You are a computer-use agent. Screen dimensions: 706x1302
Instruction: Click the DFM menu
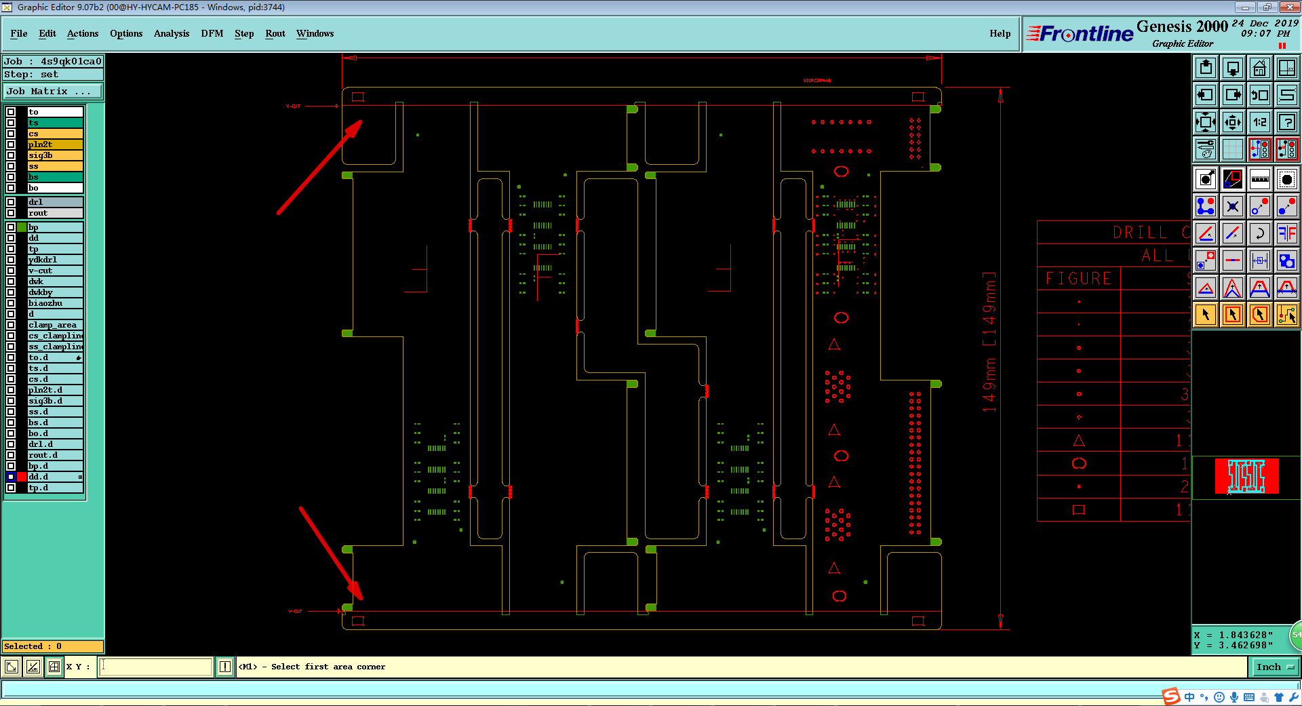pyautogui.click(x=212, y=33)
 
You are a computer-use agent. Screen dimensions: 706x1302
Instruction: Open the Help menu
pyautogui.click(x=1000, y=33)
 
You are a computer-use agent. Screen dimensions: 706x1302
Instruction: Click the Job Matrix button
pyautogui.click(x=53, y=91)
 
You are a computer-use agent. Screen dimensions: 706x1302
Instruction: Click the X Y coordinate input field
pyautogui.click(x=156, y=667)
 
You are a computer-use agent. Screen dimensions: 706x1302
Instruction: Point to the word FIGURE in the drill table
pyautogui.click(x=1078, y=279)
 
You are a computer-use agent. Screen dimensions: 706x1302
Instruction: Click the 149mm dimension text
pyautogui.click(x=990, y=342)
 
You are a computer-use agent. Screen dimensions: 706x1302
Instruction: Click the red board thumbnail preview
pyautogui.click(x=1246, y=475)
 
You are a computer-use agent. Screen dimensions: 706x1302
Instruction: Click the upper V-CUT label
pyautogui.click(x=293, y=106)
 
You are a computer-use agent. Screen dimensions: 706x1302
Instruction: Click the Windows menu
pyautogui.click(x=315, y=33)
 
